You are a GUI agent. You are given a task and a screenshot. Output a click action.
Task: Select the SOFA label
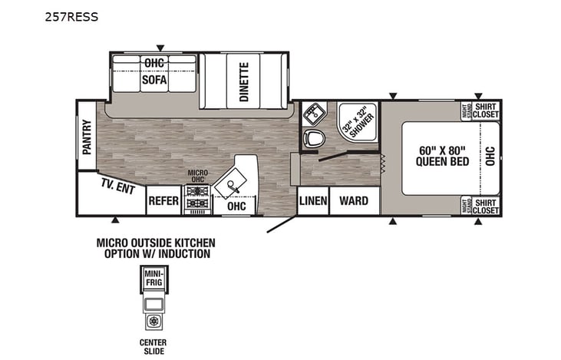(x=153, y=79)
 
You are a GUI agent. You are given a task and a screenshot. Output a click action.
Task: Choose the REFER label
(x=163, y=202)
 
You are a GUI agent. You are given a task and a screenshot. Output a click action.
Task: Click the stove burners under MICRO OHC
(x=198, y=192)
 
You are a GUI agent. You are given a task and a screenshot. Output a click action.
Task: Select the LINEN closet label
(x=314, y=201)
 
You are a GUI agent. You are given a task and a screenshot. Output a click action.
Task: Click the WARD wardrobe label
(x=354, y=201)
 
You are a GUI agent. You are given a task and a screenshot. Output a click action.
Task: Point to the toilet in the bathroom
(x=314, y=139)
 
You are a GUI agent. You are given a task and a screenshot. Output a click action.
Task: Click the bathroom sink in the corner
(x=312, y=114)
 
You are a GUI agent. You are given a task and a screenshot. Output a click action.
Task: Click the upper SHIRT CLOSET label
(x=485, y=111)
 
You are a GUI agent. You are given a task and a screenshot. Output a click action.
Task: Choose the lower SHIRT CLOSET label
(x=485, y=206)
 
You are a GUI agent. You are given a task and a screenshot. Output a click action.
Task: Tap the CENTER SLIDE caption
(x=153, y=346)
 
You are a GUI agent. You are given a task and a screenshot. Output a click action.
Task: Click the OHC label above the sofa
(x=153, y=61)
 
